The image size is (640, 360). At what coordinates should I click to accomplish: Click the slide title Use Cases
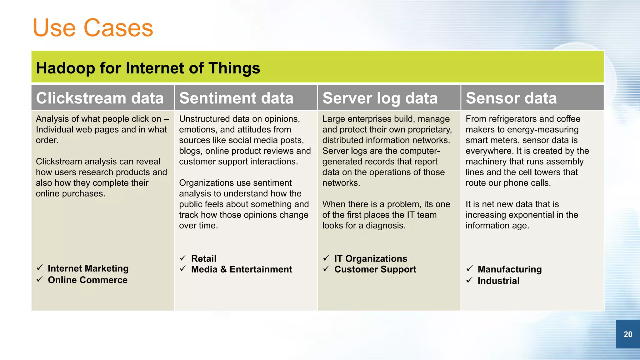click(93, 28)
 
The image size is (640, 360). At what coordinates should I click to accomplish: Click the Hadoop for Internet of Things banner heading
click(148, 68)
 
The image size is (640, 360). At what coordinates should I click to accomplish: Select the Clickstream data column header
click(100, 98)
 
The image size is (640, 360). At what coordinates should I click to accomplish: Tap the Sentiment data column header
click(236, 98)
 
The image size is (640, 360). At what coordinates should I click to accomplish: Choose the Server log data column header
click(380, 98)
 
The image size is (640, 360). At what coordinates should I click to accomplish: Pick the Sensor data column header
click(511, 98)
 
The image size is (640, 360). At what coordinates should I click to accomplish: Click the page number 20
click(627, 334)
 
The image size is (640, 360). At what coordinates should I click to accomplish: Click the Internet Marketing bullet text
click(88, 268)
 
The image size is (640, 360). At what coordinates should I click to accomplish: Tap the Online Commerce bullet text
click(87, 280)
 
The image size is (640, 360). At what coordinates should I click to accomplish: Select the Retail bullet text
click(203, 259)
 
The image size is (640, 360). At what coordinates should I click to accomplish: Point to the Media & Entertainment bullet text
click(241, 269)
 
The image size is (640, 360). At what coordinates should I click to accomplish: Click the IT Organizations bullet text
click(371, 259)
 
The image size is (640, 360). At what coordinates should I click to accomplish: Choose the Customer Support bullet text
click(375, 269)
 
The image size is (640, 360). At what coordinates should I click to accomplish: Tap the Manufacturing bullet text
click(509, 269)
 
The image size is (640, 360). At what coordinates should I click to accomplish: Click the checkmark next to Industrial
click(469, 280)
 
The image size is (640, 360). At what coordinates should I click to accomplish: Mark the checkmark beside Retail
click(183, 258)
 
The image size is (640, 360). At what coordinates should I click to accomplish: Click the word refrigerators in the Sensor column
click(512, 119)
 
